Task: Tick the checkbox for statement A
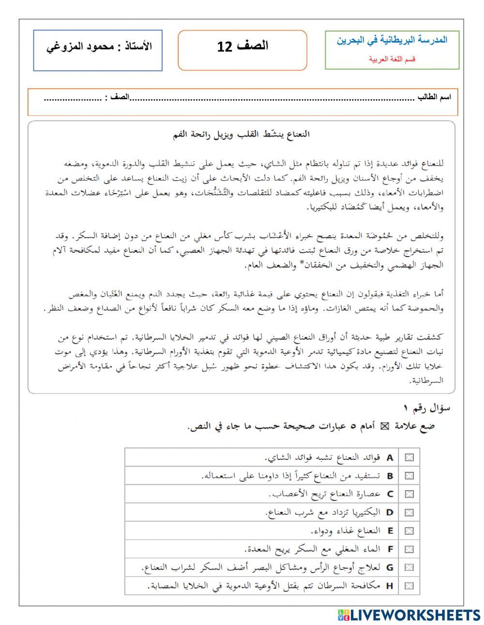click(409, 457)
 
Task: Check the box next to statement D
click(409, 512)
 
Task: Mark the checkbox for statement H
click(409, 585)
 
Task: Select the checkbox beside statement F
click(409, 549)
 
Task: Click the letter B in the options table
click(390, 476)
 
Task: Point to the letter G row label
click(390, 567)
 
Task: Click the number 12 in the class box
click(226, 47)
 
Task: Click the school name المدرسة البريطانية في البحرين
click(392, 40)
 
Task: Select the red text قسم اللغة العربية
click(392, 59)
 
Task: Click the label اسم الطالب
click(434, 97)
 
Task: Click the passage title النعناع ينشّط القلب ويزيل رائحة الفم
click(241, 134)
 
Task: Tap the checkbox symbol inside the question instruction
click(385, 426)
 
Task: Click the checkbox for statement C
click(409, 494)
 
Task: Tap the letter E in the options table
click(390, 531)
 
